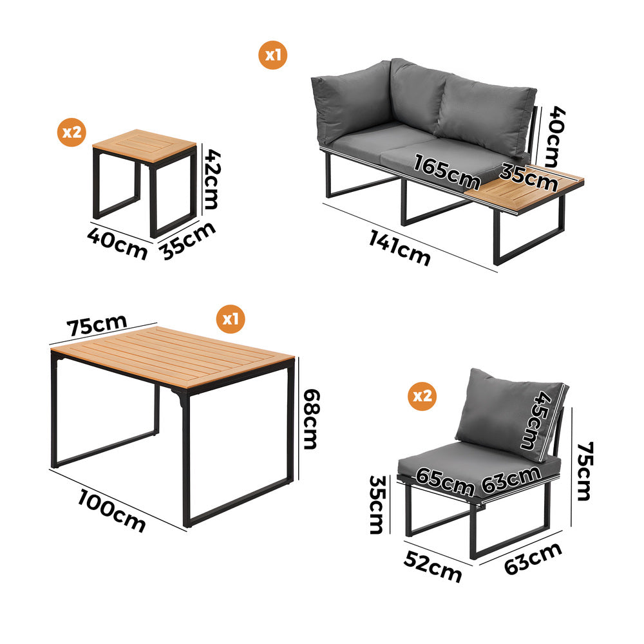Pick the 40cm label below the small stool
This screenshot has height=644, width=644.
point(117,243)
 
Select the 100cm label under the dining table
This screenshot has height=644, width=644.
point(112,510)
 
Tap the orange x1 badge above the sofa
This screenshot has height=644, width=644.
point(274,55)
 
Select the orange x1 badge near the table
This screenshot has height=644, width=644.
point(231,318)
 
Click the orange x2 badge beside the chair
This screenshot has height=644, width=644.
point(422,395)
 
